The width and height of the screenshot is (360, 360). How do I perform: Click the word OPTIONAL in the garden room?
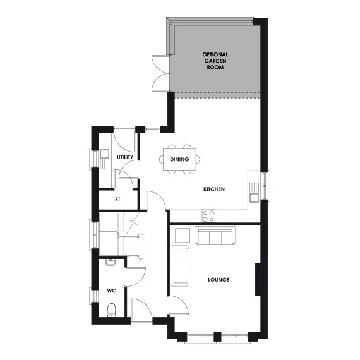pos(215,54)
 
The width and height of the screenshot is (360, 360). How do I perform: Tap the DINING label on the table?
pos(179,159)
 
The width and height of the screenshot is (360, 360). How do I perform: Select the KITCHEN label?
pos(214,189)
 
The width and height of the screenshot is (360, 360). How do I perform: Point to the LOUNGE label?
pos(218,279)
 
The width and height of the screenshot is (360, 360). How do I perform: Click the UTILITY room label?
pos(125,156)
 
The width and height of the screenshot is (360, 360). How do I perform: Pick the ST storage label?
pos(117,200)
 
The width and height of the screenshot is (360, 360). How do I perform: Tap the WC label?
pos(111,291)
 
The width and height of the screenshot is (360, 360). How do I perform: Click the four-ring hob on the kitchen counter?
pos(208,215)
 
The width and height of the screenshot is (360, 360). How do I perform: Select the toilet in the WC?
pos(112,310)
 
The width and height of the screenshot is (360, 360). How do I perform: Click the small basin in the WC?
pos(111,260)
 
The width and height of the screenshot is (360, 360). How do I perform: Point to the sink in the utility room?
pos(104,153)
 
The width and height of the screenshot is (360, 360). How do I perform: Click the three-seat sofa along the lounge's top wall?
pos(215,236)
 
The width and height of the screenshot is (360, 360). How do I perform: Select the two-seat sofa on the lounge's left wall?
pos(180,265)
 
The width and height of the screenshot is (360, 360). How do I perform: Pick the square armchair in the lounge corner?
pos(181,235)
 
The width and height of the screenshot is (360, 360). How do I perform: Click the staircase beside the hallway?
pos(118,234)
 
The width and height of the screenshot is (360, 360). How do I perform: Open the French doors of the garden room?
pos(159,73)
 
